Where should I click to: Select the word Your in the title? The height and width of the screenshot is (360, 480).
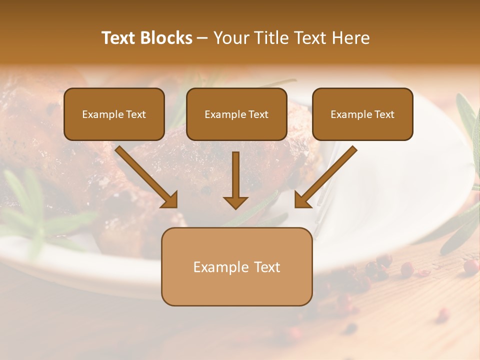231,38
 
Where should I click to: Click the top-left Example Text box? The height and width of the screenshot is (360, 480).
114,114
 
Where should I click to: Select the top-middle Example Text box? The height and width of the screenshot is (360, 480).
236,114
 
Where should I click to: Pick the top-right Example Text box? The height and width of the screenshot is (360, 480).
362,114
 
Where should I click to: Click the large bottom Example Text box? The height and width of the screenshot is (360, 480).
236,267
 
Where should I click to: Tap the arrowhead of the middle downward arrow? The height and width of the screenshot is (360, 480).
235,202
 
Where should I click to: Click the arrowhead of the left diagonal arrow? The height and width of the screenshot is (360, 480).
170,200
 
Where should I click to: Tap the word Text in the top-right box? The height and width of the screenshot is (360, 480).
384,114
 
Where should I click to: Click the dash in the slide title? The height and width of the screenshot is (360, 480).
202,38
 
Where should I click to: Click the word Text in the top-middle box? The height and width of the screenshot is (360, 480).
258,114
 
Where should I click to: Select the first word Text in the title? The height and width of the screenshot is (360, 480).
119,38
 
